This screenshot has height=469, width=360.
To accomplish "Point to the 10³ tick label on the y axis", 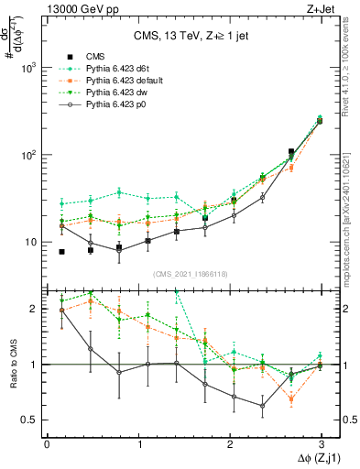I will click(29, 68).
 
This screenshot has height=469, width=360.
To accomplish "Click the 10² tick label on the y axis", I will click(29, 155).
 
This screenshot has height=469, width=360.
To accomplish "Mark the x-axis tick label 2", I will click(229, 443).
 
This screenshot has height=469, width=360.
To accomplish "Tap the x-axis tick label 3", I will click(321, 443).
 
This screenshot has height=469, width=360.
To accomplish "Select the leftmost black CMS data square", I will click(61, 252).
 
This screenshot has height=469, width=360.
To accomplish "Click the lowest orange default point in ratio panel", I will click(291, 399).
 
